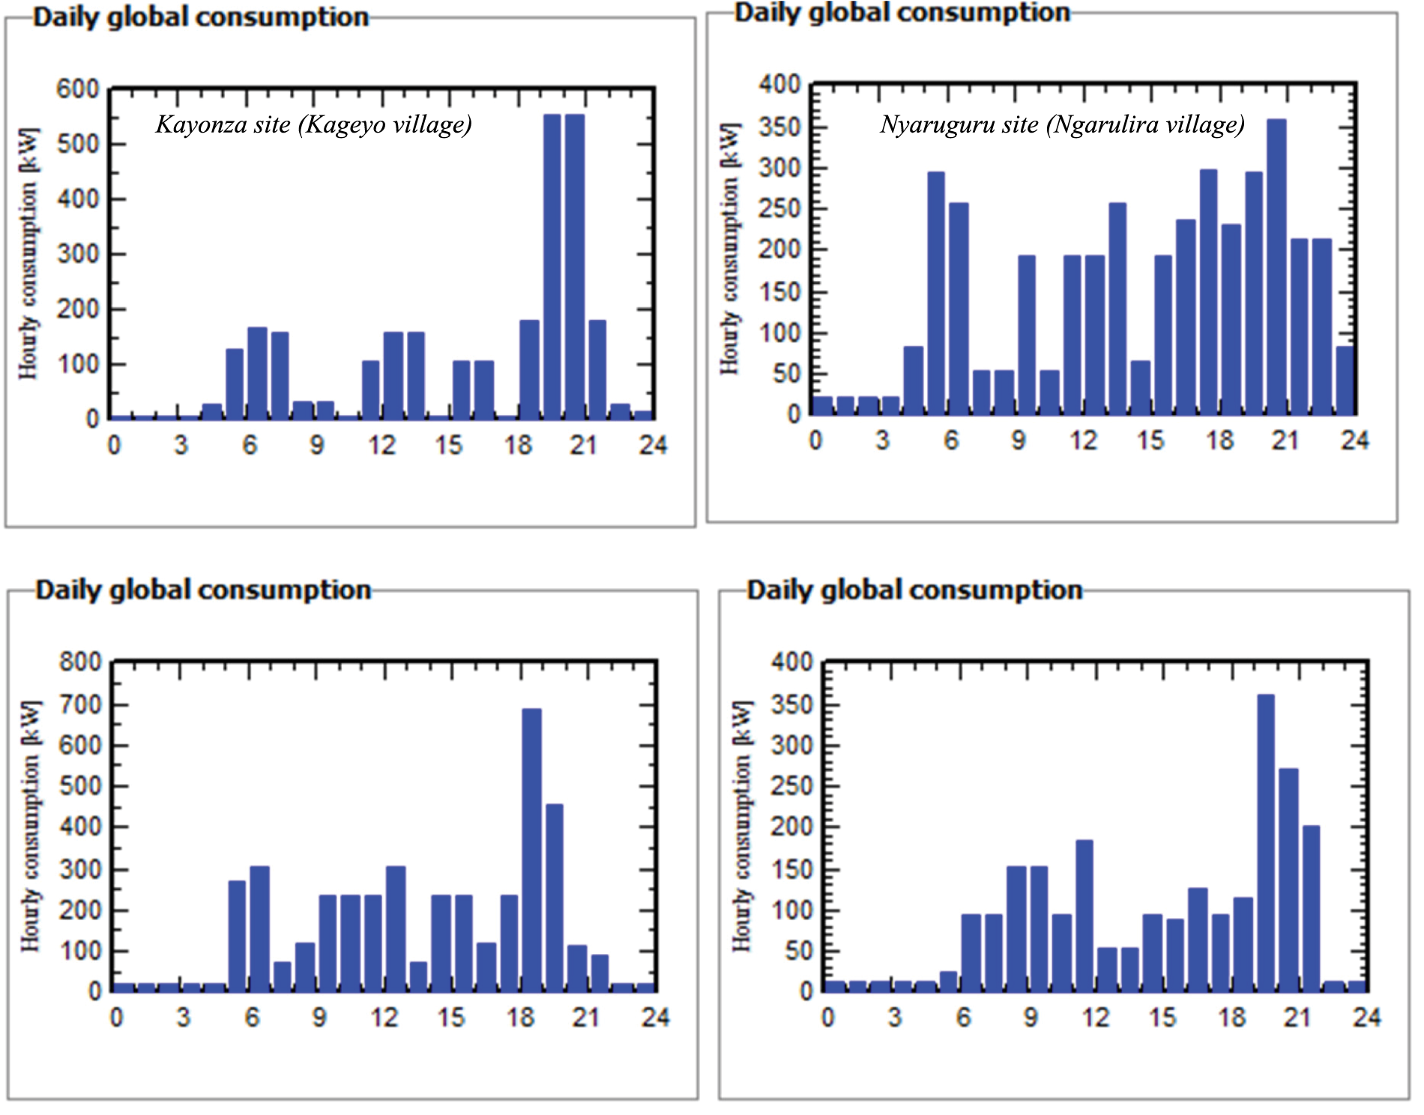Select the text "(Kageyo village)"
pyautogui.click(x=385, y=124)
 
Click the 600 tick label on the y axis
pyautogui.click(x=78, y=89)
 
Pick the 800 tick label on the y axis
pyautogui.click(x=80, y=662)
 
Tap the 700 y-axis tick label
pyautogui.click(x=80, y=704)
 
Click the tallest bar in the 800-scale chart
pyautogui.click(x=531, y=850)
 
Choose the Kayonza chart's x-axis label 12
pyautogui.click(x=381, y=446)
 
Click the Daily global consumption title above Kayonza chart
pyautogui.click(x=201, y=17)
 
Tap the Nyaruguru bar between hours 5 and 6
pyautogui.click(x=936, y=293)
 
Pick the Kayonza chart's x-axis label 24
pyautogui.click(x=653, y=446)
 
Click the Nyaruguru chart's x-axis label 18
pyautogui.click(x=1219, y=441)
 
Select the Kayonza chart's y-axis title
pyautogui.click(x=28, y=254)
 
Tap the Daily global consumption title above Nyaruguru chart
pyautogui.click(x=902, y=13)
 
